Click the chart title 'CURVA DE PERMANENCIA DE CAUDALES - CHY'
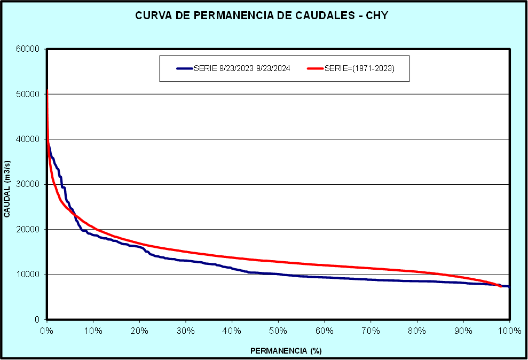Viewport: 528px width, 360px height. click(x=261, y=15)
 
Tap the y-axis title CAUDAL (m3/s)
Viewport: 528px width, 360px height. click(x=7, y=185)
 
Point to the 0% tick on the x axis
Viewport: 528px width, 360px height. click(x=47, y=331)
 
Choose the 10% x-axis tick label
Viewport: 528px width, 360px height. click(x=93, y=331)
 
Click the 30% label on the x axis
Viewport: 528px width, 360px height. click(x=186, y=331)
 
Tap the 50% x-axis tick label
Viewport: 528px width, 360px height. click(x=278, y=331)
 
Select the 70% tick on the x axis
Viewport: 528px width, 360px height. click(x=371, y=331)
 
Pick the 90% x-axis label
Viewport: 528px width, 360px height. click(x=463, y=331)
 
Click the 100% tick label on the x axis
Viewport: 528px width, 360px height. click(x=509, y=331)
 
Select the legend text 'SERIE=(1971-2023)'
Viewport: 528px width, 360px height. click(x=359, y=68)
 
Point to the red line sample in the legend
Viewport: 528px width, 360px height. click(x=316, y=68)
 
